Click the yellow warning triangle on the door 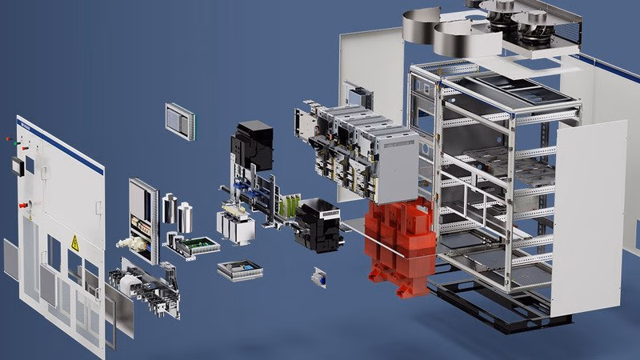coord(74,243)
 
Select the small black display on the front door coord(15,166)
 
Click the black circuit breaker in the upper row coord(253,144)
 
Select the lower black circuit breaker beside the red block coord(318,226)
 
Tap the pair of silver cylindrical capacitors coord(178,211)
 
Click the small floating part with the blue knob coord(320,276)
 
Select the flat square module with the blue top coord(239,270)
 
